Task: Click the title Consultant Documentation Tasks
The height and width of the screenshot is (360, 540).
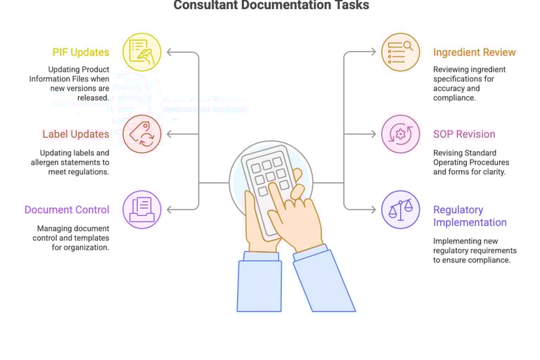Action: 271,6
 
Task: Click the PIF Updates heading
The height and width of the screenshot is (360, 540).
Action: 81,52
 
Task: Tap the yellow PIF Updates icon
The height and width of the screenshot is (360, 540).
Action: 142,52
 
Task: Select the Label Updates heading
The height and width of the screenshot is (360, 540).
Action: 75,134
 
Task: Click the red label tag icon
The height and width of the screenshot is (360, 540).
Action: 142,134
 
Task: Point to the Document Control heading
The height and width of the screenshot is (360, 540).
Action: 67,210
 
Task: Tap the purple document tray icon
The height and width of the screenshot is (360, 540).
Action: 142,210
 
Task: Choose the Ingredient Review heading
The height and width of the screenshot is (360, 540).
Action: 474,52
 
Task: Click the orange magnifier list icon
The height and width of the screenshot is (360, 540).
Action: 400,52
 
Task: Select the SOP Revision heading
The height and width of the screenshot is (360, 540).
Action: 464,134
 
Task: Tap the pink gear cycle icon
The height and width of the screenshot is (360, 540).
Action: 400,134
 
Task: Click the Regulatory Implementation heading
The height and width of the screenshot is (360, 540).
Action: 470,216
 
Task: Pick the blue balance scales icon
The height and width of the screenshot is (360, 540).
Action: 400,210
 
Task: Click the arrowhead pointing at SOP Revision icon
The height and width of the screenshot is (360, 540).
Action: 373,134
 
